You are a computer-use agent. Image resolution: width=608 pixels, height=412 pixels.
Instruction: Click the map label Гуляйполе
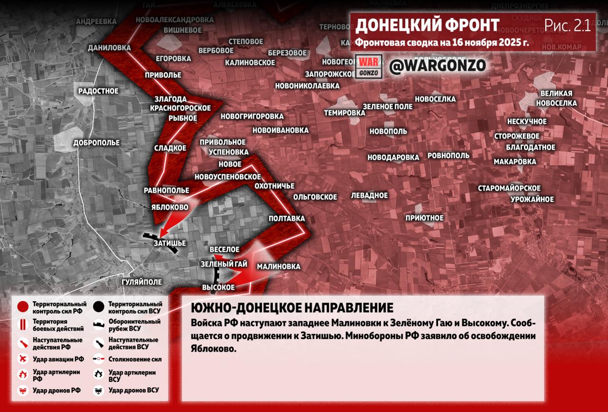pyautogui.click(x=142, y=282)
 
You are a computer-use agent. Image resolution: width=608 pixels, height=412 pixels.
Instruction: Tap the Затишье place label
pyautogui.click(x=170, y=243)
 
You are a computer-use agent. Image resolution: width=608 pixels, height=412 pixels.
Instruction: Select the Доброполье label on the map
pyautogui.click(x=96, y=143)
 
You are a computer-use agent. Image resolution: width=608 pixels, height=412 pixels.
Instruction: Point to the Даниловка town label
pyautogui.click(x=109, y=48)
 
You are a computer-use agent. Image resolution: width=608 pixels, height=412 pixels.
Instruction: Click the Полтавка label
pyautogui.click(x=286, y=219)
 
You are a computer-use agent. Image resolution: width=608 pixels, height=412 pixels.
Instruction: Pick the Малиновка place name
pyautogui.click(x=278, y=267)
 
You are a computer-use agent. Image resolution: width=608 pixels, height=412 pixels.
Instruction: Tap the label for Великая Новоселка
pyautogui.click(x=556, y=98)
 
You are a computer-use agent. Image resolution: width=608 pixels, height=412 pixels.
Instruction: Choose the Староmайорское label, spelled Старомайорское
pyautogui.click(x=509, y=188)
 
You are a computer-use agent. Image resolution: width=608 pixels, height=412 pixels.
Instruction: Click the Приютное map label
pyautogui.click(x=424, y=218)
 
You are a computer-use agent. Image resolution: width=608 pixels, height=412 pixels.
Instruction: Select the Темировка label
pyautogui.click(x=344, y=113)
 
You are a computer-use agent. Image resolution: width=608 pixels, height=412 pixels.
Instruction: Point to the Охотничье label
pyautogui.click(x=275, y=186)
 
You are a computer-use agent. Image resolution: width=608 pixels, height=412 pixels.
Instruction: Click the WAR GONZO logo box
pyautogui.click(x=369, y=67)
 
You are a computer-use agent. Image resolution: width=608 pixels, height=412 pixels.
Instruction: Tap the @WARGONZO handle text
pyautogui.click(x=437, y=66)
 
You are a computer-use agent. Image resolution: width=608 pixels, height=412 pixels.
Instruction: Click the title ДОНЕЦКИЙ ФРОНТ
pyautogui.click(x=427, y=25)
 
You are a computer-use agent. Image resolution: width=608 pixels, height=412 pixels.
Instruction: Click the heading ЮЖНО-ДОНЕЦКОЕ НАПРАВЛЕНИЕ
pyautogui.click(x=292, y=307)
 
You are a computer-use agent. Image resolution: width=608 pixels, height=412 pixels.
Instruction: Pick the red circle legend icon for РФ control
pyautogui.click(x=22, y=307)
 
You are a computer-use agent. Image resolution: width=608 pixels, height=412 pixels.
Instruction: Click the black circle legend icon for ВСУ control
pyautogui.click(x=99, y=307)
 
